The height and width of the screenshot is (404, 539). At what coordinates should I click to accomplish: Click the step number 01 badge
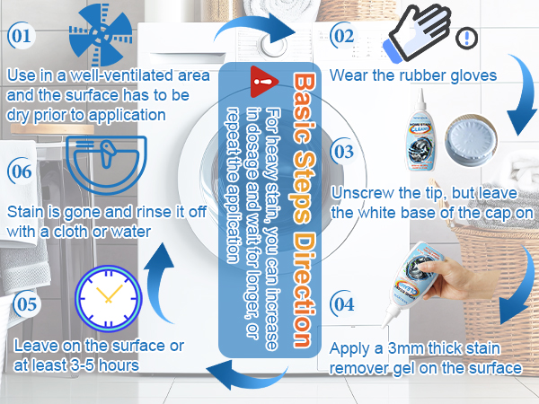[22, 35]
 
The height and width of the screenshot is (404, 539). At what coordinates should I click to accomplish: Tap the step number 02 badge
[343, 35]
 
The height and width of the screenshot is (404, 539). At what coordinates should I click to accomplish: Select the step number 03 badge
[343, 151]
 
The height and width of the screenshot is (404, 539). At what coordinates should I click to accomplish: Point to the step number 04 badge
[343, 304]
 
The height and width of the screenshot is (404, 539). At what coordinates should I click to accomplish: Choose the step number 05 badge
[26, 304]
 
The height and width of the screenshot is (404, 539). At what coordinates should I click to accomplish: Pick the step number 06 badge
[22, 171]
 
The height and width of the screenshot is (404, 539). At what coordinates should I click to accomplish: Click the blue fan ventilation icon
[101, 35]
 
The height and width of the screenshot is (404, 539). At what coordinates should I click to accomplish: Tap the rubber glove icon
[419, 32]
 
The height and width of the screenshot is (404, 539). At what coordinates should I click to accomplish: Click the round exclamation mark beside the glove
[466, 38]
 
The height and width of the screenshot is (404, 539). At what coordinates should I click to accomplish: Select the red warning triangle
[263, 82]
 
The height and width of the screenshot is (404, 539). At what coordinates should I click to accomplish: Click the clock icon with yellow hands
[109, 298]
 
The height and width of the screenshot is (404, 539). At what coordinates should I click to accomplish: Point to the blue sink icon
[106, 165]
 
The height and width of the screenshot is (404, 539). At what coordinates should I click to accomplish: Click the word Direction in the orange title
[305, 289]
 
